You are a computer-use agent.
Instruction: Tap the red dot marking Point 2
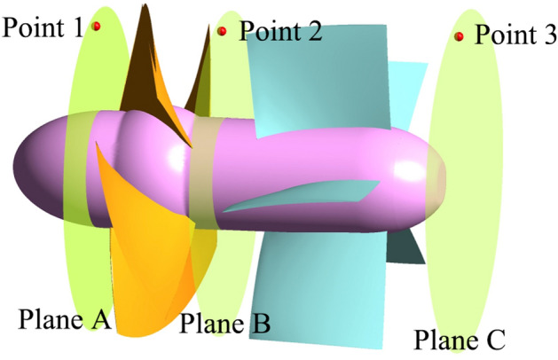[223, 32]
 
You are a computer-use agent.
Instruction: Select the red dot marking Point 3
[460, 36]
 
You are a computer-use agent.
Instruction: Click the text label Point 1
[43, 27]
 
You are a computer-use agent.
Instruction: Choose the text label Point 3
[515, 35]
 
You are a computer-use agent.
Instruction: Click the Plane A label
[64, 319]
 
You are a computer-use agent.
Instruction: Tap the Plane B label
[224, 324]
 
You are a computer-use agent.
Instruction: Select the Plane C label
[460, 339]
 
